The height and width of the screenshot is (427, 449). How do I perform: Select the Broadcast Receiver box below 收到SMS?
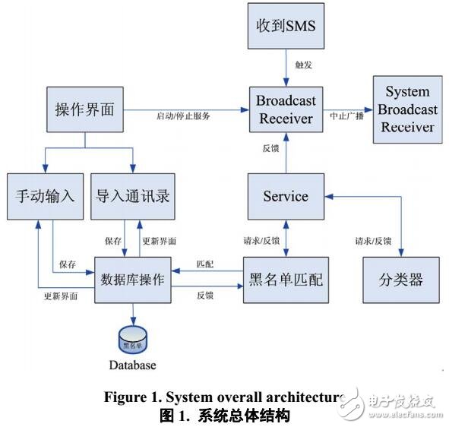[286, 110]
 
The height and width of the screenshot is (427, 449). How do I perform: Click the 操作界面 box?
[85, 109]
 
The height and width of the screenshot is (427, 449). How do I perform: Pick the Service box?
[286, 196]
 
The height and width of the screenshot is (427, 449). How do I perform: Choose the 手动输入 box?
[45, 196]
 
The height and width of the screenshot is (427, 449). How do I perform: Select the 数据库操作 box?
[132, 279]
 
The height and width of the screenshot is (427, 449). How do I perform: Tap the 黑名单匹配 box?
[286, 279]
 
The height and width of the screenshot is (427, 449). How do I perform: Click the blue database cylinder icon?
[134, 337]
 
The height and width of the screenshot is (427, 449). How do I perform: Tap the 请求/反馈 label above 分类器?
[373, 242]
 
